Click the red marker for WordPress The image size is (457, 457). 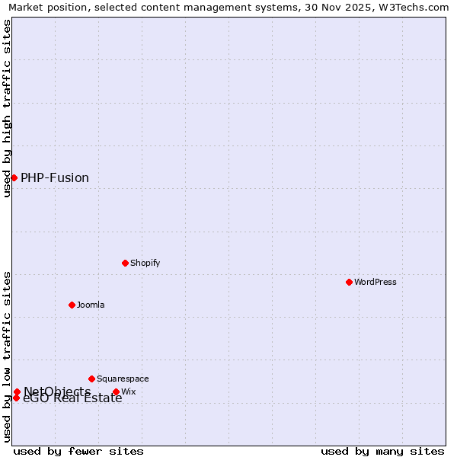point(349,282)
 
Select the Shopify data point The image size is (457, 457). point(125,263)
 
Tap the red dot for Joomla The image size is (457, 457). point(72,305)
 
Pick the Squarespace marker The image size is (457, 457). point(91,379)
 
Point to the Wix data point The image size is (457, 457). point(116,392)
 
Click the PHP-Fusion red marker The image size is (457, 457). point(14,177)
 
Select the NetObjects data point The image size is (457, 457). point(17,391)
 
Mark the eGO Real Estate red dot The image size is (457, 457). point(16,398)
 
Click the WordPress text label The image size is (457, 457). point(376,282)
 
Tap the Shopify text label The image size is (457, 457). point(145,263)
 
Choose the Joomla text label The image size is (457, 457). point(91,305)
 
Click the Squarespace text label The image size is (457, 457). point(123,379)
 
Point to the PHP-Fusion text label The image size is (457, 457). point(55,178)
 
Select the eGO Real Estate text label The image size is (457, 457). point(72,398)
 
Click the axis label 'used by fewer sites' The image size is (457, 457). point(78,451)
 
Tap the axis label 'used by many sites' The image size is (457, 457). point(382,451)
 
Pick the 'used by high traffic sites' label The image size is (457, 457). point(7,107)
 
